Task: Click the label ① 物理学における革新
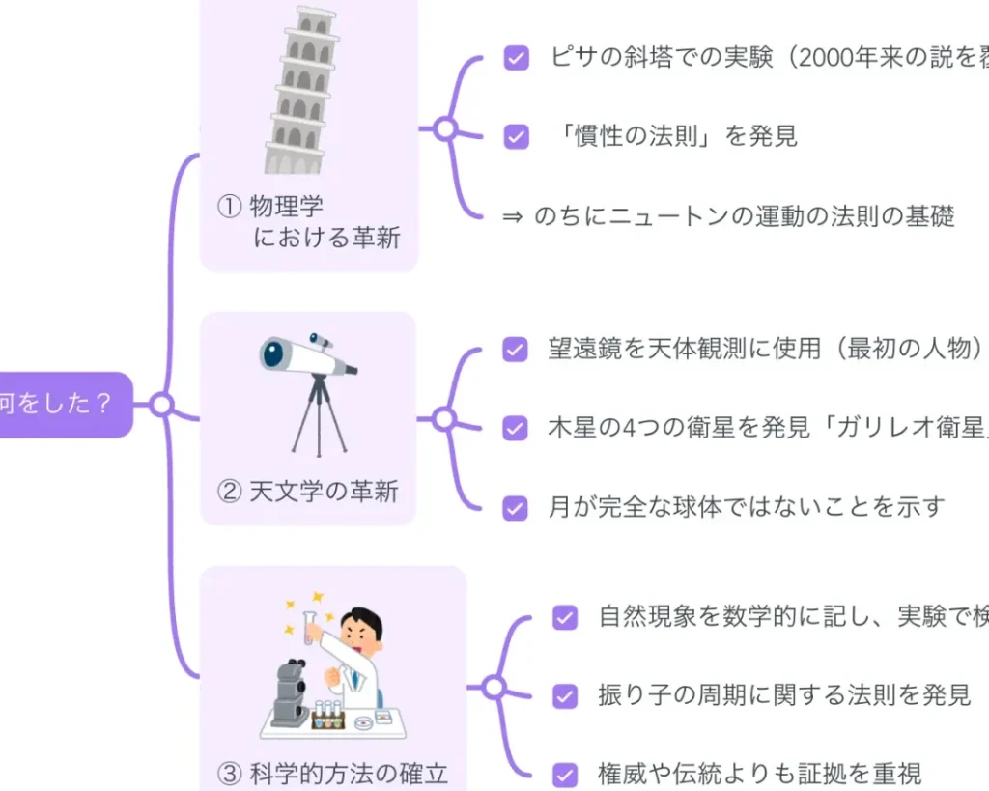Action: [308, 221]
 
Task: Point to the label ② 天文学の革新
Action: [308, 492]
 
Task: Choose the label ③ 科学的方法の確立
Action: [333, 773]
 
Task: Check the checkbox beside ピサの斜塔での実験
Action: [517, 58]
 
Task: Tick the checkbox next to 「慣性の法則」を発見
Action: [517, 136]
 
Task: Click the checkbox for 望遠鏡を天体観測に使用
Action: [516, 350]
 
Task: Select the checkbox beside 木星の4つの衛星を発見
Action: [516, 428]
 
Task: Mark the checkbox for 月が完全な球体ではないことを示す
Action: [516, 507]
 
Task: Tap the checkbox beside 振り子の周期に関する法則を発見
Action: [565, 695]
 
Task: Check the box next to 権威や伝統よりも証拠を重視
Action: [565, 774]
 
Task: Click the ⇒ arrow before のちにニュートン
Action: [513, 216]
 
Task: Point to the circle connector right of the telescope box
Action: [443, 419]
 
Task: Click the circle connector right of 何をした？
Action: [161, 405]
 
